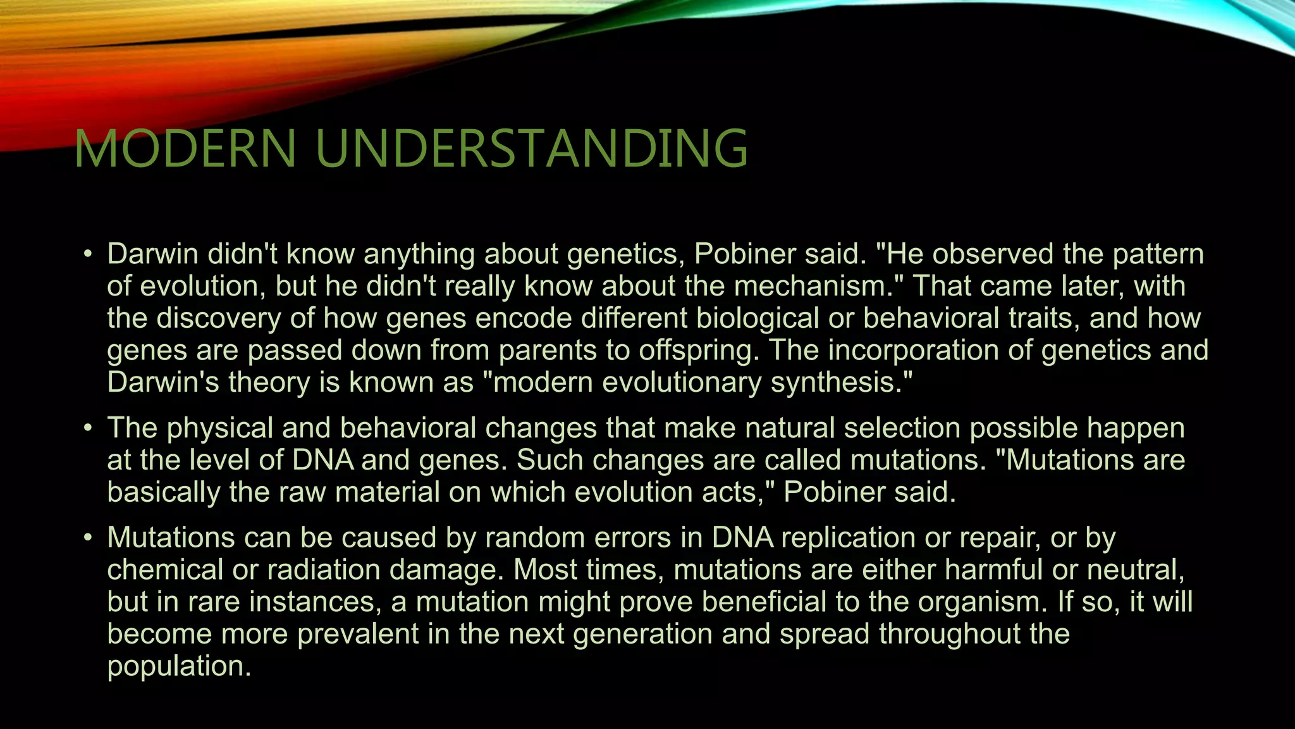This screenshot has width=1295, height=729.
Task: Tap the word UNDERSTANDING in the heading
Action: click(531, 149)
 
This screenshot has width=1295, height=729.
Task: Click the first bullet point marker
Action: click(88, 255)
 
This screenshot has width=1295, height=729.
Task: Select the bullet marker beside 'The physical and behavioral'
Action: click(88, 429)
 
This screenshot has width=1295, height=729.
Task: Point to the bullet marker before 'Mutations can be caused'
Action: click(88, 539)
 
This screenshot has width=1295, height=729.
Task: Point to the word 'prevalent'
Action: click(358, 634)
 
